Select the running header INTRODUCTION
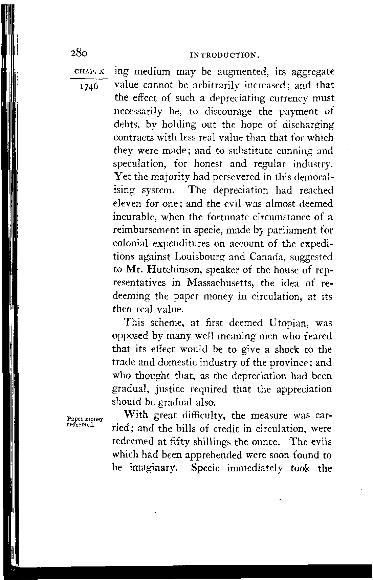223,54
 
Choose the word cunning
290,151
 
